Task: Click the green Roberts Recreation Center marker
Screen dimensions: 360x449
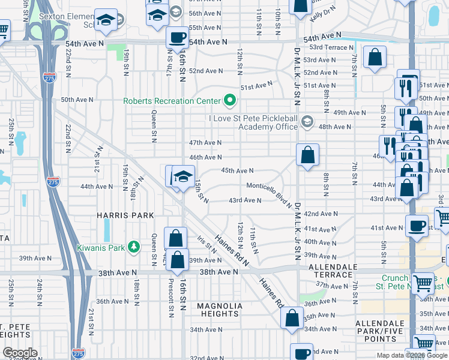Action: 228,100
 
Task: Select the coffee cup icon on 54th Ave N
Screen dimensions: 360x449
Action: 176,38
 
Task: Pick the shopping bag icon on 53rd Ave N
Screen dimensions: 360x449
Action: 375,58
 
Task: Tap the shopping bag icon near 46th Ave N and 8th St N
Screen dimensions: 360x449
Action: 307,155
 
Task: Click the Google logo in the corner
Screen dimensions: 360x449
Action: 19,352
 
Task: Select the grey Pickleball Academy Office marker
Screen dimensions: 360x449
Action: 307,122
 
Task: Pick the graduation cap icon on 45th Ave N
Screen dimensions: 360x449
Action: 183,176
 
